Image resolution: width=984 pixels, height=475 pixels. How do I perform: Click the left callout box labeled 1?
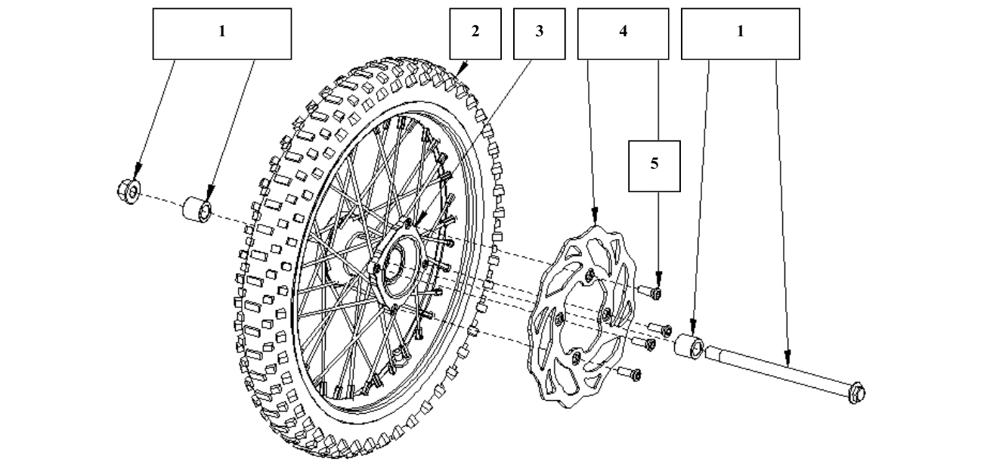pos(221,33)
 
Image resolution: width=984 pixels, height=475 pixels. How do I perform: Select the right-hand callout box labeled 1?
pos(740,33)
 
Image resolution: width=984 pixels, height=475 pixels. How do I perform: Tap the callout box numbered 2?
pos(475,33)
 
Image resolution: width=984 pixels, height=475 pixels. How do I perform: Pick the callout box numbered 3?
pos(539,33)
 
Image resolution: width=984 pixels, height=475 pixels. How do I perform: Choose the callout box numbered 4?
pos(623,33)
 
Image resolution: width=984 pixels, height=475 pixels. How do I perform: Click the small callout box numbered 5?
pos(654,166)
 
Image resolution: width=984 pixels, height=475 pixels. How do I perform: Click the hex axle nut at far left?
pos(128,191)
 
